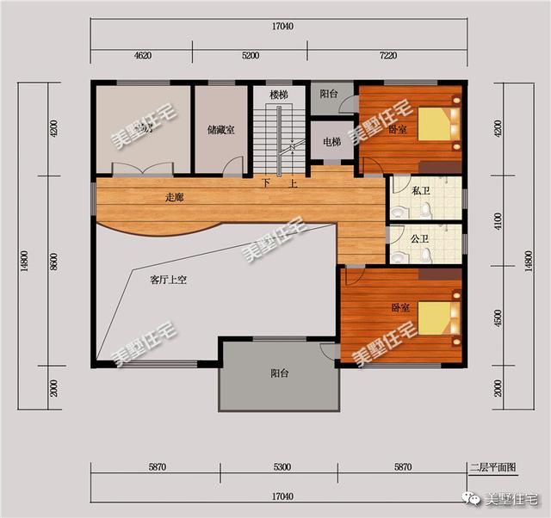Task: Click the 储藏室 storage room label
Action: point(221,131)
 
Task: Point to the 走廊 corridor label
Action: point(174,197)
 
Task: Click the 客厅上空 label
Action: point(169,280)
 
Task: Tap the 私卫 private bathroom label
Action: point(421,190)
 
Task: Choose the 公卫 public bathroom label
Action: point(420,238)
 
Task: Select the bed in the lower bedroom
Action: point(440,318)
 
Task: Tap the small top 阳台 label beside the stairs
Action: point(328,94)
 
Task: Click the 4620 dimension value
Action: point(142,55)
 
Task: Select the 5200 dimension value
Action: point(251,55)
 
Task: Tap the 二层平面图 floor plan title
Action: point(492,468)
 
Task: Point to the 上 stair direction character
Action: point(294,183)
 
